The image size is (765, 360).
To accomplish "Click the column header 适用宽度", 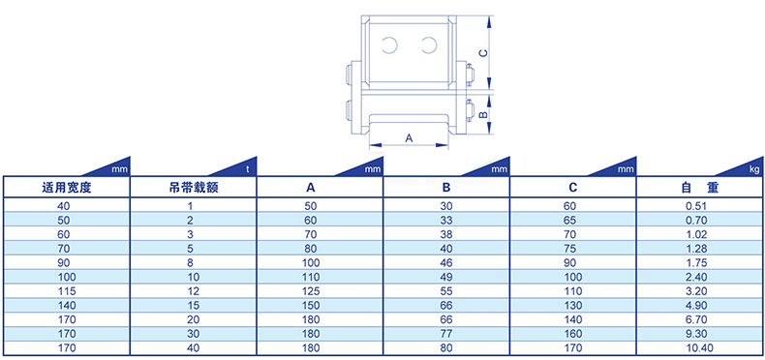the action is point(67,188).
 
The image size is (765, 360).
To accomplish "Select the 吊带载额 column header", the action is point(194,188).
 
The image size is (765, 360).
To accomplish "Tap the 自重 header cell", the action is point(699,188).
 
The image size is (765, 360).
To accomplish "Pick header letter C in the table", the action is point(573,188).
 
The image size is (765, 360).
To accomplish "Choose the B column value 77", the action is point(446,334).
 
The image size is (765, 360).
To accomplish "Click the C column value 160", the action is point(572,334).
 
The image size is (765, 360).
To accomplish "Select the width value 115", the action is point(67,291).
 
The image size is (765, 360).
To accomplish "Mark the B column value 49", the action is point(446,277).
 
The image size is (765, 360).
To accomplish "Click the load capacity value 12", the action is point(194,291).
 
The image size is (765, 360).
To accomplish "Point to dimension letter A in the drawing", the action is point(410,138).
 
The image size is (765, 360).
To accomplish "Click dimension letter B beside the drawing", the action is point(482,114).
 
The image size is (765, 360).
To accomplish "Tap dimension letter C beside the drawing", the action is point(482,53).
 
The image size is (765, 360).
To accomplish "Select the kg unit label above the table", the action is point(754,169).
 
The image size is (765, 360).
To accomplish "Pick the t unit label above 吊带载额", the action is point(248,169).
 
